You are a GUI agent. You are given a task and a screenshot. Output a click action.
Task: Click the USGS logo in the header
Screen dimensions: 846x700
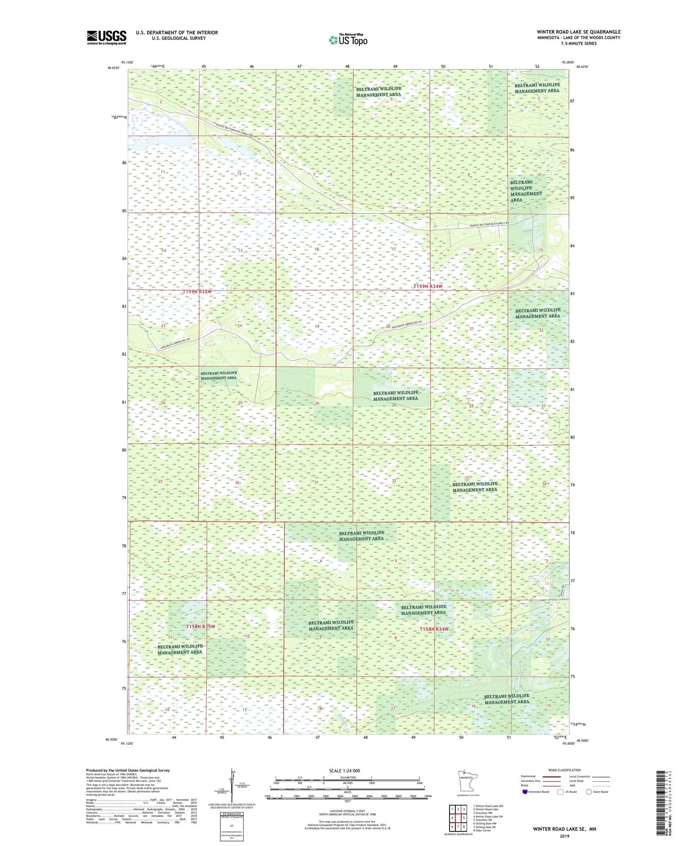[106, 37]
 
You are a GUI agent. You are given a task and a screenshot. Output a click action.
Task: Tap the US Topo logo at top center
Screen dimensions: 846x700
[347, 40]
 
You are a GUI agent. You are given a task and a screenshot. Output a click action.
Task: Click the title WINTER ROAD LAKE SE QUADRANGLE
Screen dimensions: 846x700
[578, 32]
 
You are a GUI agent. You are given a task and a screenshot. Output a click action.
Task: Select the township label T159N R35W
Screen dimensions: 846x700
[197, 292]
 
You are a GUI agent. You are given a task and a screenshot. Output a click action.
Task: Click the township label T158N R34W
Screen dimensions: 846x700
[434, 629]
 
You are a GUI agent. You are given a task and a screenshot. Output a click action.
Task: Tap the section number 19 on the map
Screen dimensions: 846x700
[317, 327]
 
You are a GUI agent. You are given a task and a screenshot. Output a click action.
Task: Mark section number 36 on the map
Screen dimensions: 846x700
[237, 483]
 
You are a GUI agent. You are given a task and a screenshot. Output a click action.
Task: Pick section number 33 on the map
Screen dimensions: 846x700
[467, 478]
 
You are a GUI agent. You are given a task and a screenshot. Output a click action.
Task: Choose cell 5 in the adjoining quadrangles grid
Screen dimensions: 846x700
[464, 818]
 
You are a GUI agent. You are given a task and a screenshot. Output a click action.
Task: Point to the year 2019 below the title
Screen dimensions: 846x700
[564, 836]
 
